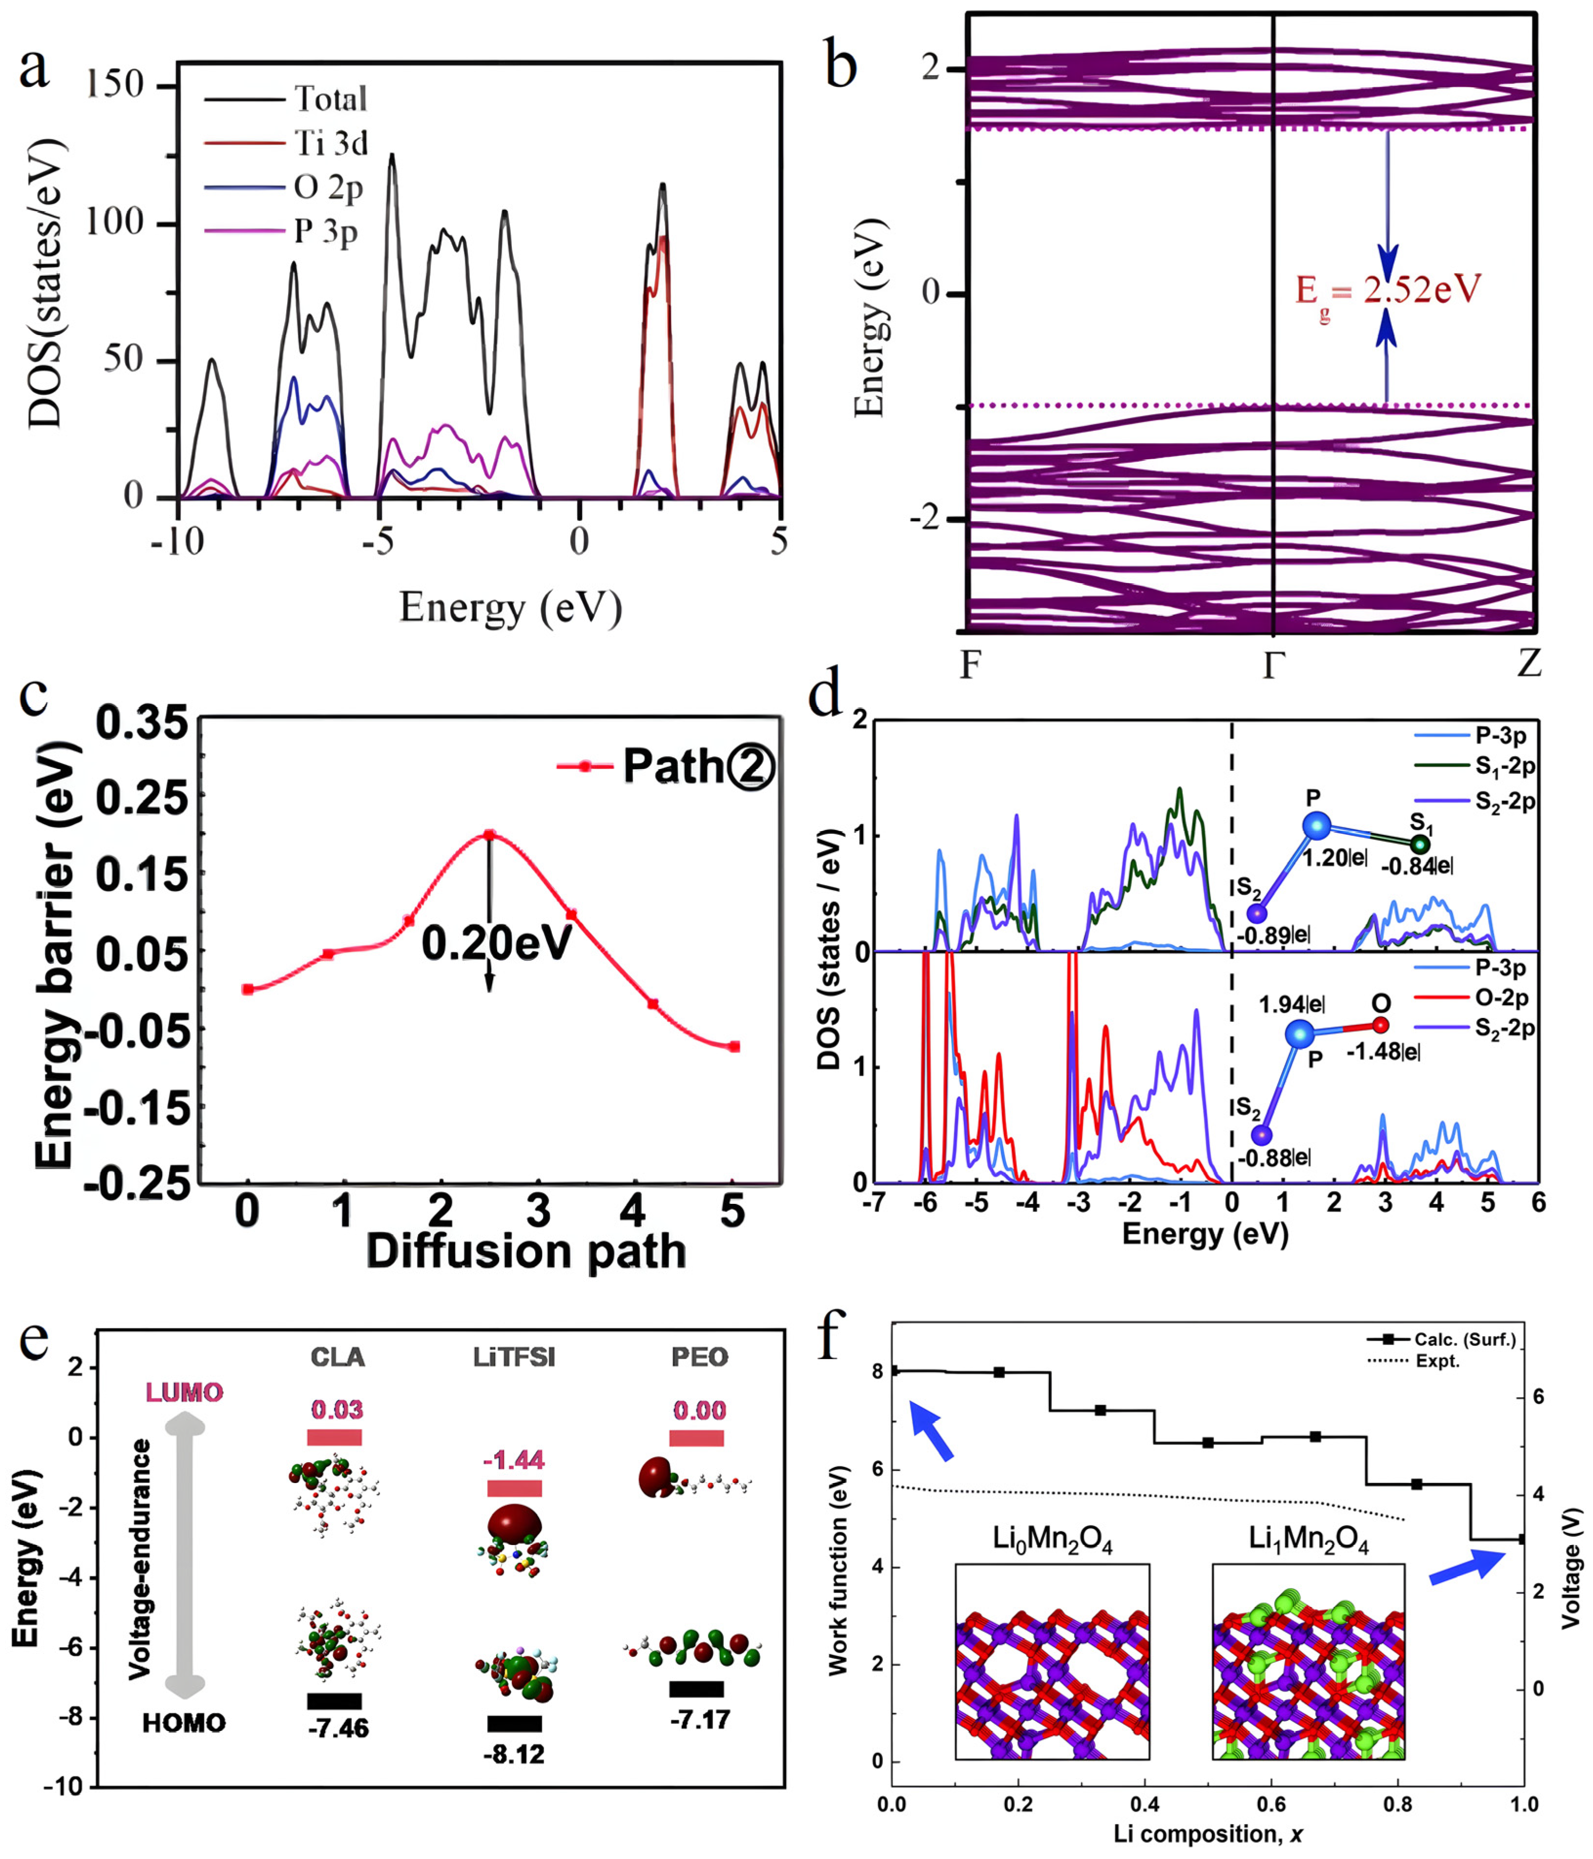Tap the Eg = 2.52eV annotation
click(1386, 290)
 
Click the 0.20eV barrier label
click(496, 944)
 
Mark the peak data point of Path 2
click(489, 834)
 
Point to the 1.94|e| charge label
click(1292, 1004)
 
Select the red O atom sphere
click(1380, 1025)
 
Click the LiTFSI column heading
click(514, 1358)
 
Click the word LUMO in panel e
click(184, 1392)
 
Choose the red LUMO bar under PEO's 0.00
click(696, 1438)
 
